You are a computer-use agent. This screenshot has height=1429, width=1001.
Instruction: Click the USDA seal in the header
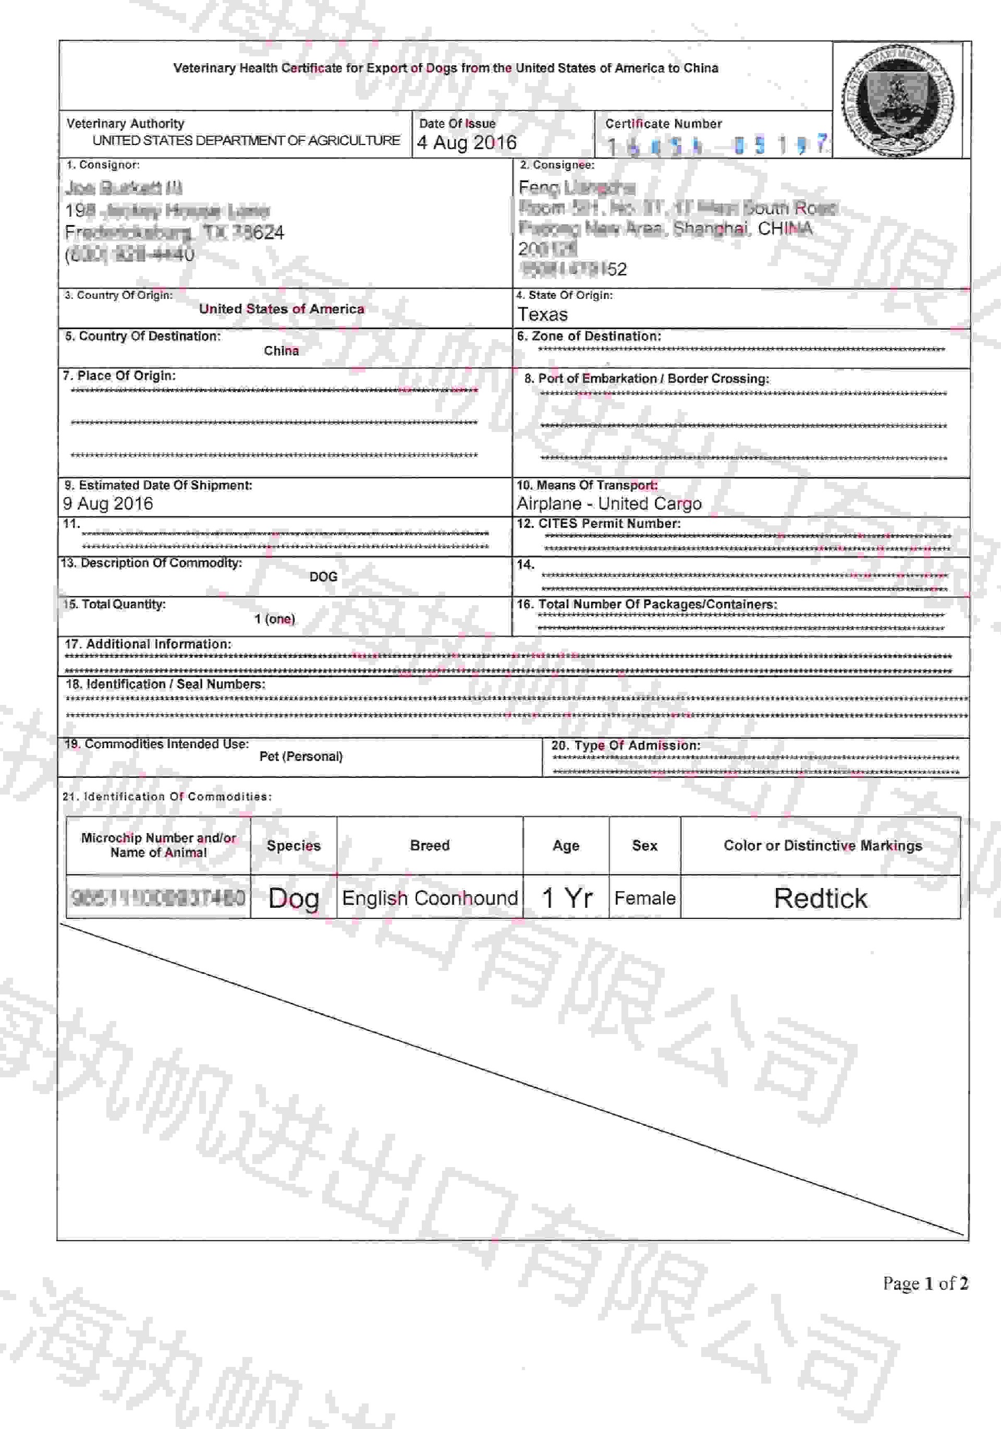(x=898, y=100)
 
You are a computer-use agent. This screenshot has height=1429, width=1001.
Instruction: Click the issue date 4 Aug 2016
(x=467, y=142)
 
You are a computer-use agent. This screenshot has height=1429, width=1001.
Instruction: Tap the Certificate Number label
(x=663, y=124)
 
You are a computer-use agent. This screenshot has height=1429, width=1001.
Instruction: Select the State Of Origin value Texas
(x=543, y=314)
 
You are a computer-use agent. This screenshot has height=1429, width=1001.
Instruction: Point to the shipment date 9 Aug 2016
(x=108, y=503)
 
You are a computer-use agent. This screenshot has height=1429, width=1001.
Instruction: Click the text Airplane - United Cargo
(x=609, y=503)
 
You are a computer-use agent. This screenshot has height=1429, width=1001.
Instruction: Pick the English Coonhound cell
(x=430, y=898)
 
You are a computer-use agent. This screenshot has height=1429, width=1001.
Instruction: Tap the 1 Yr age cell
(x=566, y=898)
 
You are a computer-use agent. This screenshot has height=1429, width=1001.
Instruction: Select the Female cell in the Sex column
(x=644, y=898)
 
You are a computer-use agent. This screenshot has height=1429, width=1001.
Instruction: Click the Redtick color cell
(x=820, y=898)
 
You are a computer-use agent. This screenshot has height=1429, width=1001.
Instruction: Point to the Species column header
(x=294, y=845)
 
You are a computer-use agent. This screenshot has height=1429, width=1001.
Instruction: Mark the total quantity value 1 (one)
(x=275, y=619)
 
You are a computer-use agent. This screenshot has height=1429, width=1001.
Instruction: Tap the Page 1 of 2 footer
(x=925, y=1283)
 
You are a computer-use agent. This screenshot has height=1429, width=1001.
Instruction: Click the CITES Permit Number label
(x=599, y=523)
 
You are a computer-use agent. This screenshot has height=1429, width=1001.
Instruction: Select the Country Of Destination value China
(x=281, y=351)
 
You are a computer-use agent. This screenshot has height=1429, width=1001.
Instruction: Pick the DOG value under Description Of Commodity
(x=324, y=577)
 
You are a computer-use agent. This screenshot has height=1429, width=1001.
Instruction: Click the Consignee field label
(x=557, y=165)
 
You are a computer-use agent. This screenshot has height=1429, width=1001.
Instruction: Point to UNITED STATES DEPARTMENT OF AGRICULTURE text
(x=247, y=141)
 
